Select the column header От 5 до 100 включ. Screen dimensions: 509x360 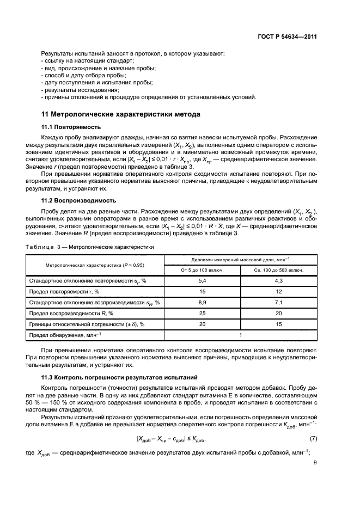click(x=202, y=269)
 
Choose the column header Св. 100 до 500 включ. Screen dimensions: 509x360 click(x=279, y=269)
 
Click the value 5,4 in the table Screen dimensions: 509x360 click(x=202, y=280)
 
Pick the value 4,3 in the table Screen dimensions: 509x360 click(x=279, y=280)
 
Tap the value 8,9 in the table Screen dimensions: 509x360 click(x=202, y=302)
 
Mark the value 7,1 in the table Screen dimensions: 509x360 click(x=279, y=302)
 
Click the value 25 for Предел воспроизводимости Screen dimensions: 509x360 click(x=202, y=313)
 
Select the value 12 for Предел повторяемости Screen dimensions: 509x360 click(x=279, y=291)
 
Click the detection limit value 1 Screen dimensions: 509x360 click(x=240, y=335)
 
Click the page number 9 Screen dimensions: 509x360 click(x=315, y=462)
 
